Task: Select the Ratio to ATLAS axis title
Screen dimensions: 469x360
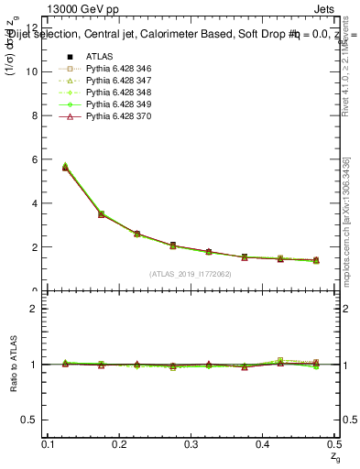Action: (12, 364)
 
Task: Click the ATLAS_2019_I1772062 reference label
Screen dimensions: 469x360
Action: (191, 273)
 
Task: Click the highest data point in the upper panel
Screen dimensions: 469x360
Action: (65, 167)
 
